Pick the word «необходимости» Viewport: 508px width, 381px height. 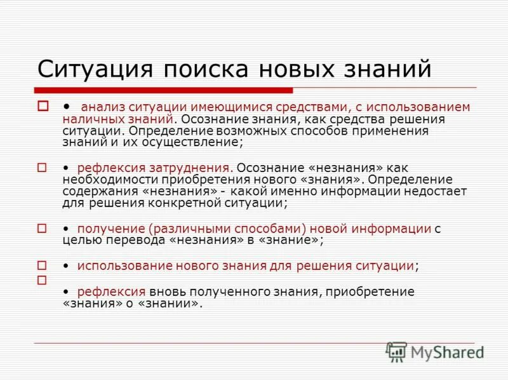(104, 180)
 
